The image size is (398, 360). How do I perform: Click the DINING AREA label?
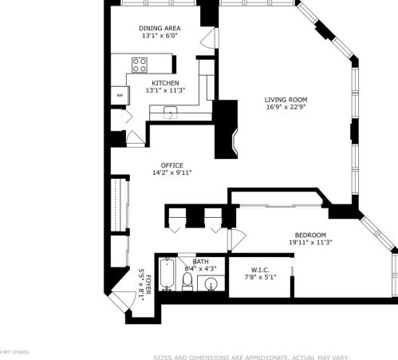160,28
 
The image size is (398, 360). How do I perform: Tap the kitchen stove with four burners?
140,65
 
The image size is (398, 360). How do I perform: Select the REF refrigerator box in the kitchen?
120,95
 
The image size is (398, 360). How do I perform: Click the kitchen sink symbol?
169,113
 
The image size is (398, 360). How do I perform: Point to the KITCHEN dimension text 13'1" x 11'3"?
165,91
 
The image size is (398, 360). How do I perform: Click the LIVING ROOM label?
286,100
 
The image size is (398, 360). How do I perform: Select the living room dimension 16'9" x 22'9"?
286,108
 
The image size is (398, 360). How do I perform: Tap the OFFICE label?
171,165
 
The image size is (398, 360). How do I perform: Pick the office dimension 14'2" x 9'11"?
171,173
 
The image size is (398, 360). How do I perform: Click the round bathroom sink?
211,283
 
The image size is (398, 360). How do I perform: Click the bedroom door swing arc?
236,240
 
